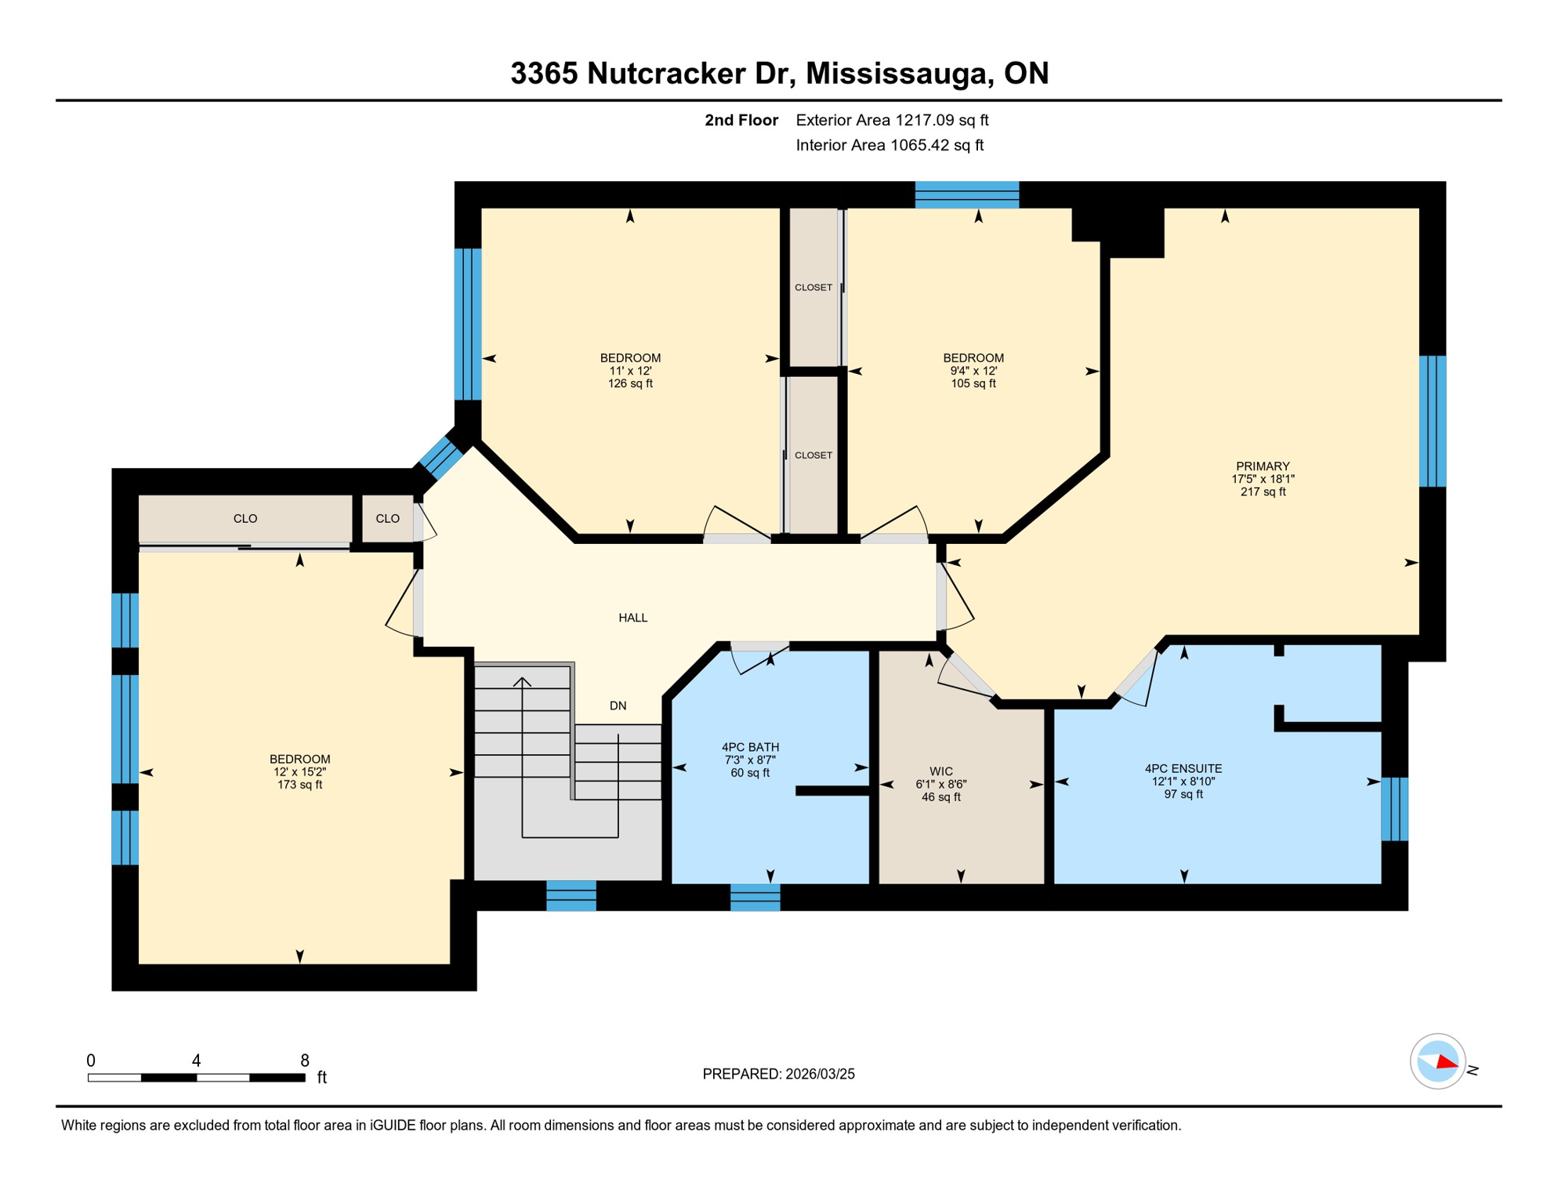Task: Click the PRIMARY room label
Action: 1262,466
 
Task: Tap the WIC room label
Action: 940,771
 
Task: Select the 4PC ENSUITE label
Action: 1183,769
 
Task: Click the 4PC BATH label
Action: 750,747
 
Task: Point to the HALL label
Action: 632,618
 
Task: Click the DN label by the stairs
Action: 618,705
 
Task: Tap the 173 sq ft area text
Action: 299,785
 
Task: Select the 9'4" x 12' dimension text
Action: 973,371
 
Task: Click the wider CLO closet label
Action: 245,518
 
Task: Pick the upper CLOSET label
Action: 813,288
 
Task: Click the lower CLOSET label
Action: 813,455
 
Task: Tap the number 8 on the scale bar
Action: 304,1061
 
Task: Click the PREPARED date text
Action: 778,1074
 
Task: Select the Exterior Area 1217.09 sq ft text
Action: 891,120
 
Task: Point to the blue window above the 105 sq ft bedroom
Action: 966,194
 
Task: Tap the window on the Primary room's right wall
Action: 1432,421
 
